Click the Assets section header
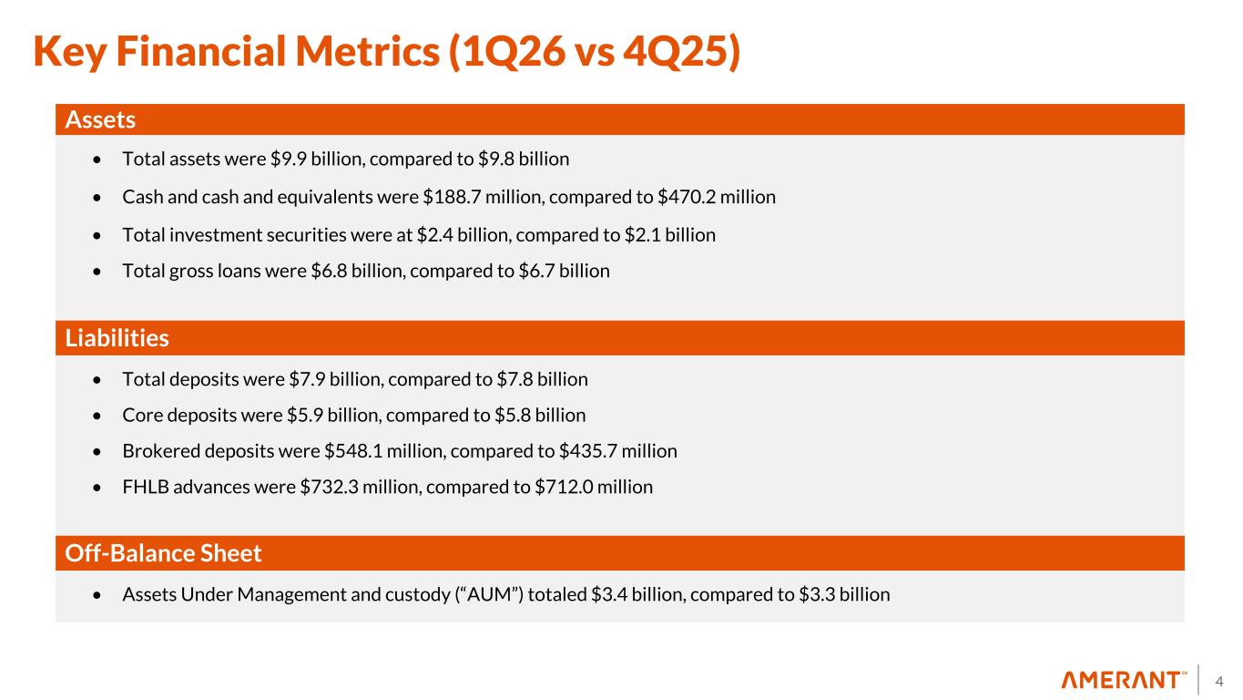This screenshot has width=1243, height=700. pyautogui.click(x=100, y=119)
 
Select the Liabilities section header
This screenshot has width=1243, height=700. pyautogui.click(x=117, y=338)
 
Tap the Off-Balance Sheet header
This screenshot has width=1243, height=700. pyautogui.click(x=164, y=553)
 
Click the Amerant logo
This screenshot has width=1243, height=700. pyautogui.click(x=1124, y=680)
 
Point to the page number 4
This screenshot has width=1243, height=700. pyautogui.click(x=1219, y=680)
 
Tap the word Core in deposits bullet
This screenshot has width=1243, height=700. pyautogui.click(x=141, y=415)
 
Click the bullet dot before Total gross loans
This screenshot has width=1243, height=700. pyautogui.click(x=97, y=272)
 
